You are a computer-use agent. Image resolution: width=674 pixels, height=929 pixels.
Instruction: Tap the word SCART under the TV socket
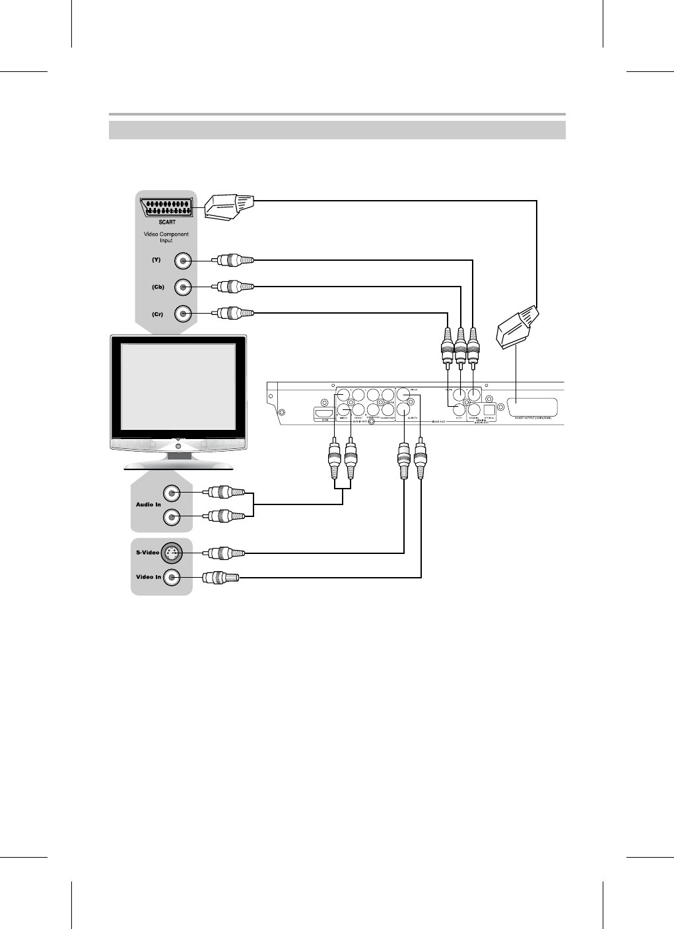[x=166, y=222]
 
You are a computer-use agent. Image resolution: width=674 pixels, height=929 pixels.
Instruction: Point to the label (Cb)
[x=158, y=287]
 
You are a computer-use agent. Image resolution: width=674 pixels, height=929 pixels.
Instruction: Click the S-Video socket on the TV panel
[x=172, y=552]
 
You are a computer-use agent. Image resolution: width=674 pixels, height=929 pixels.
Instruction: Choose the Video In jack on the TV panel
[x=172, y=578]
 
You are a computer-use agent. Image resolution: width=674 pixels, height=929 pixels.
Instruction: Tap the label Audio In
[x=149, y=504]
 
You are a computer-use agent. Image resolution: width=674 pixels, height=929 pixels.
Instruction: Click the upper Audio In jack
[x=172, y=493]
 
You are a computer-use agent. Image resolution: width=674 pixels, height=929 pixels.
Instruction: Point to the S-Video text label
[x=148, y=552]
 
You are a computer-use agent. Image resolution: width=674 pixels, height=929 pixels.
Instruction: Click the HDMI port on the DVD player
[x=325, y=413]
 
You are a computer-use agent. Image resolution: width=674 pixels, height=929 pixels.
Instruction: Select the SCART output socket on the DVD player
[x=531, y=407]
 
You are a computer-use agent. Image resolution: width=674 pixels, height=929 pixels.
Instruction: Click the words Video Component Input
[x=166, y=238]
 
